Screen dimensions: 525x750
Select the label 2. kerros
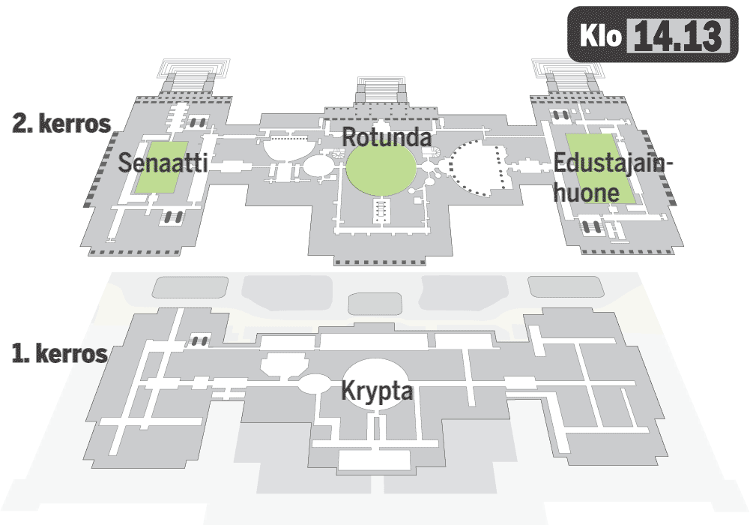coord(61,124)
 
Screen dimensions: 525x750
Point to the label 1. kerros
coord(60,353)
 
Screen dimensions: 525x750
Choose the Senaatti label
coord(163,164)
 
